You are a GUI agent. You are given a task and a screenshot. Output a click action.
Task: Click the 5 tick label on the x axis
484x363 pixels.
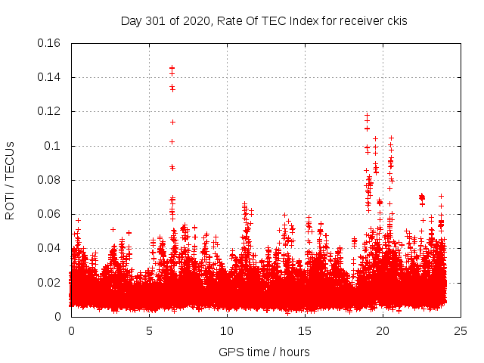(x=149, y=331)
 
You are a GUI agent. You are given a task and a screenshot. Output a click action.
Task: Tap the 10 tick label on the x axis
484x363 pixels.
(x=227, y=331)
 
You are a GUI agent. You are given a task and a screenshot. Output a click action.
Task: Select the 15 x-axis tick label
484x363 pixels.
(x=305, y=331)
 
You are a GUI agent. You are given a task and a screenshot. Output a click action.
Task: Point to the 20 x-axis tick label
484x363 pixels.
(x=383, y=331)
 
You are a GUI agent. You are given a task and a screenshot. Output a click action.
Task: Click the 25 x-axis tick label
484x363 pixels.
(x=461, y=331)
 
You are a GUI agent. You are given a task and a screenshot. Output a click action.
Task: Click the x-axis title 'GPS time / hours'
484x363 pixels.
(x=264, y=352)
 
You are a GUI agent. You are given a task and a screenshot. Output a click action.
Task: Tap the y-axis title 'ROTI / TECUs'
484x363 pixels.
(x=10, y=180)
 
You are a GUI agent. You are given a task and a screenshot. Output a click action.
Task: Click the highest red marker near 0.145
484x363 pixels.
(x=172, y=68)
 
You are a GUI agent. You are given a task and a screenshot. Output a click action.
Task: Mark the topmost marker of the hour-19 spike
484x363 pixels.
(x=368, y=116)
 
